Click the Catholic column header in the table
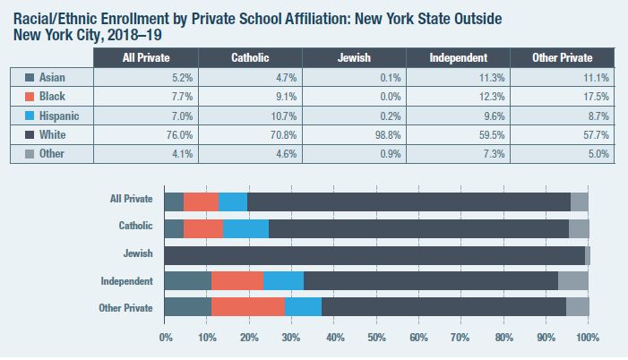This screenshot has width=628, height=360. click(250, 58)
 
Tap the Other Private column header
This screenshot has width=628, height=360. click(562, 58)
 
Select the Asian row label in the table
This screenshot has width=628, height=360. click(53, 78)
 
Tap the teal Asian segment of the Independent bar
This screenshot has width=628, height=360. click(188, 281)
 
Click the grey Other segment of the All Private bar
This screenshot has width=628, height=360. click(579, 201)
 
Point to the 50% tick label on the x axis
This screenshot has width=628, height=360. click(376, 339)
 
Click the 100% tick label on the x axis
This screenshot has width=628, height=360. click(587, 339)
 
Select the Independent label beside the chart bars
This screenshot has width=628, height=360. click(128, 281)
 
